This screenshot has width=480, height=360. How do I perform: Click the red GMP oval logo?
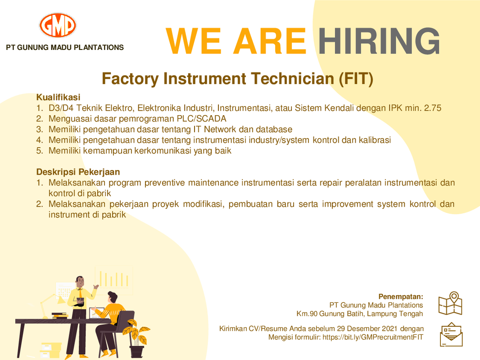click(x=58, y=25)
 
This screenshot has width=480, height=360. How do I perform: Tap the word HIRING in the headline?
click(x=379, y=41)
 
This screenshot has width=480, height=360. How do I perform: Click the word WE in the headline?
click(x=193, y=41)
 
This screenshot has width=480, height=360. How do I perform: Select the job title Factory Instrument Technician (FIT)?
click(x=238, y=79)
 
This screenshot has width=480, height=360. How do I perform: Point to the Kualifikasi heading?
click(x=58, y=97)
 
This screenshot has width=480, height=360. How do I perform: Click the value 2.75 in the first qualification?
click(x=433, y=108)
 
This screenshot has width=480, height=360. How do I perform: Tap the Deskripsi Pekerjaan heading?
click(x=78, y=172)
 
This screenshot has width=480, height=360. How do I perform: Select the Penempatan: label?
click(x=401, y=297)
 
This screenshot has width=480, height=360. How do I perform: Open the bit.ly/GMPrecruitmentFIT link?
click(x=373, y=337)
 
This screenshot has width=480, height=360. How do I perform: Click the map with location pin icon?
click(x=450, y=303)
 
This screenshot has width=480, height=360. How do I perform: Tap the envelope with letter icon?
click(x=451, y=334)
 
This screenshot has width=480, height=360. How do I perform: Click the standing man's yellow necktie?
click(x=81, y=293)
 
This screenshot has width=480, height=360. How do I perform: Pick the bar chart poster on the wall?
click(x=114, y=280)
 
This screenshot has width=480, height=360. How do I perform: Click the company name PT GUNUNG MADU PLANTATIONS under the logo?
click(x=65, y=47)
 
